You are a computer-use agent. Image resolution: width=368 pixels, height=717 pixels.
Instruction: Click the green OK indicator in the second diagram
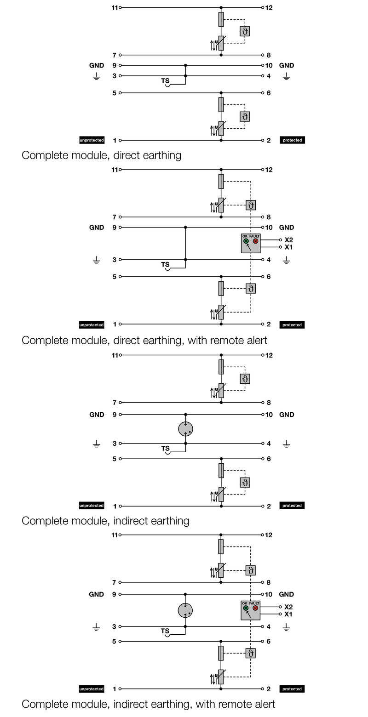(246, 241)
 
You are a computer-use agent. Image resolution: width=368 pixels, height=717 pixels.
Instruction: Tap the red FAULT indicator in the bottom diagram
(255, 608)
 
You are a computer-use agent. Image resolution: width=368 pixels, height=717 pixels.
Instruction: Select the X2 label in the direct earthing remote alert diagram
(288, 240)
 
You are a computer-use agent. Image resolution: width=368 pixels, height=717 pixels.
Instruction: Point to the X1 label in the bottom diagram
(288, 614)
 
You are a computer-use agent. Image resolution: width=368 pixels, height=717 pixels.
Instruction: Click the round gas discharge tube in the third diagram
(185, 429)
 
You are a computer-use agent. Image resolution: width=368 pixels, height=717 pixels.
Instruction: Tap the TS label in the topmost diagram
(165, 81)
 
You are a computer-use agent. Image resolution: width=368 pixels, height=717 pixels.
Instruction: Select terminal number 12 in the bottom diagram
(269, 535)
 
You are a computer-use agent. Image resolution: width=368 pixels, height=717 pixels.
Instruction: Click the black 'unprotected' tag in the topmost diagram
(92, 140)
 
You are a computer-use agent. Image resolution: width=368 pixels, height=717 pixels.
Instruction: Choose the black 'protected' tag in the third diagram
(292, 506)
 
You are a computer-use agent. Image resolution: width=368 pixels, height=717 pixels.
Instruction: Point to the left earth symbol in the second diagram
(96, 261)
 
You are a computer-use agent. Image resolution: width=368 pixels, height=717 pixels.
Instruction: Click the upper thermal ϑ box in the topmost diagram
(245, 31)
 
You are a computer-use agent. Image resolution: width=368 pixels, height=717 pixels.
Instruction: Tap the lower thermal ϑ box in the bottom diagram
(250, 653)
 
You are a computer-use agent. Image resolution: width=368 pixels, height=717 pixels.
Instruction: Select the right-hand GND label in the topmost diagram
(287, 65)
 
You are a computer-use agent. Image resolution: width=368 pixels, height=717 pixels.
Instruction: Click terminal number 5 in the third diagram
(115, 459)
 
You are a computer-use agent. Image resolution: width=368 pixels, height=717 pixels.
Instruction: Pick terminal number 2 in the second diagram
(269, 324)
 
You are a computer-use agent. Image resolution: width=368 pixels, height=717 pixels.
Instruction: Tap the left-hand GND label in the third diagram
(97, 415)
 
